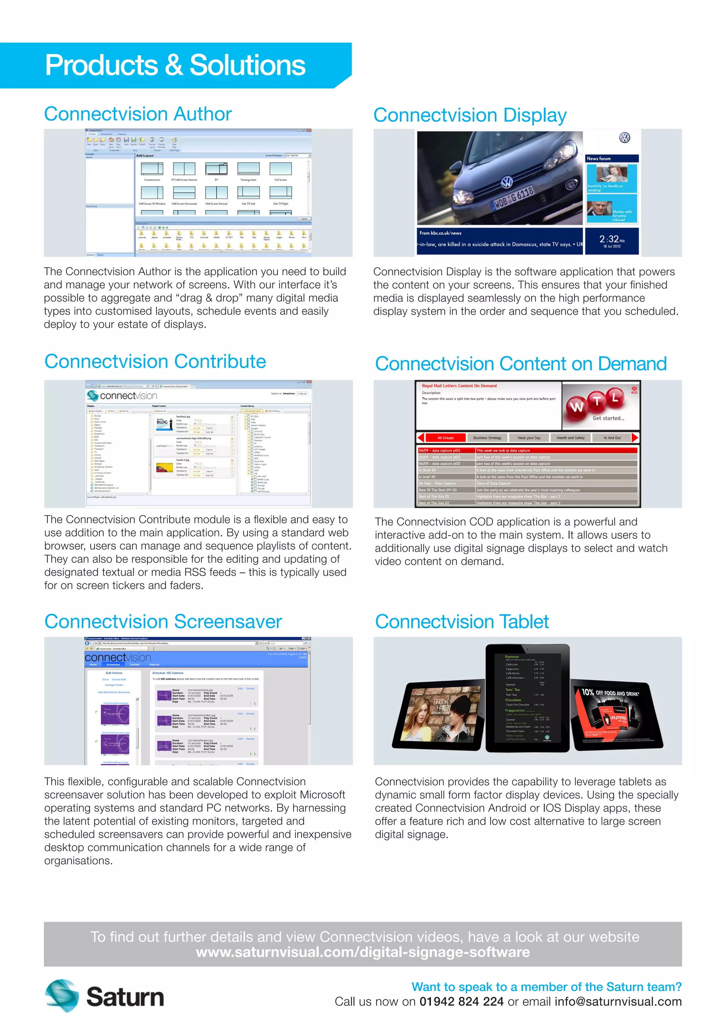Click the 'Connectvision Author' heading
[138, 114]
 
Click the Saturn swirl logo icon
[62, 996]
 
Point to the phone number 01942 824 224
[461, 1001]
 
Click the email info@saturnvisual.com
[618, 1001]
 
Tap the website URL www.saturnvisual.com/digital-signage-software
[363, 952]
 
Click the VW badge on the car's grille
[507, 182]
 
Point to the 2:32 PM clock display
[611, 240]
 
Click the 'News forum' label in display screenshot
[599, 159]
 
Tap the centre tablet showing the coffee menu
[527, 698]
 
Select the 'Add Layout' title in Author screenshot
[145, 156]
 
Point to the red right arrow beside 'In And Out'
[635, 438]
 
